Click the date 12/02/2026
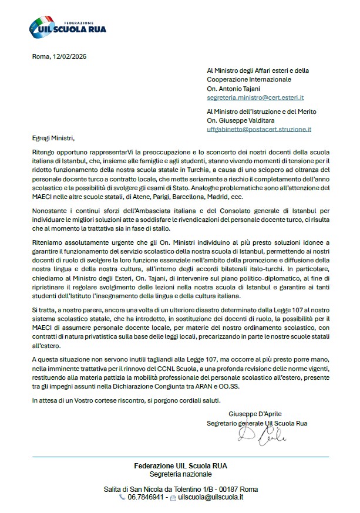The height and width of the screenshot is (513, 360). (x=68, y=56)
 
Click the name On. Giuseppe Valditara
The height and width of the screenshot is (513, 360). (x=238, y=120)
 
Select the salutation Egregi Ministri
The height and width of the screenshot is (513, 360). (x=54, y=139)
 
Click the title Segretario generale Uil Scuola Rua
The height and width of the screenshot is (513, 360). (x=257, y=423)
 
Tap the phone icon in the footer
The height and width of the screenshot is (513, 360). (x=122, y=497)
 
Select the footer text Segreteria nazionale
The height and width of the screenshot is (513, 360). (x=180, y=474)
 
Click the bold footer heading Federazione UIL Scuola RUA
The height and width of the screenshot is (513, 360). (x=180, y=466)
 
